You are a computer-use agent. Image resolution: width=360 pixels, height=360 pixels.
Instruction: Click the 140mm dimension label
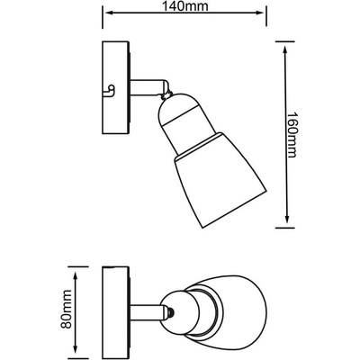point(184,6)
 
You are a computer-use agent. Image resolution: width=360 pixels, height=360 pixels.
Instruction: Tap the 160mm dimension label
point(290,135)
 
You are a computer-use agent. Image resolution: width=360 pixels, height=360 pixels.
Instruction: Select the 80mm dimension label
point(67,309)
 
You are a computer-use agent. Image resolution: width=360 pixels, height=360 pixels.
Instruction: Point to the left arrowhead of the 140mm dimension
point(107,13)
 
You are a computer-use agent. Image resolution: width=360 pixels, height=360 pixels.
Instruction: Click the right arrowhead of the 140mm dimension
point(260,13)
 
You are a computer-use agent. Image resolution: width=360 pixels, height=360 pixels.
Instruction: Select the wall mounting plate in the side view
point(116,87)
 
